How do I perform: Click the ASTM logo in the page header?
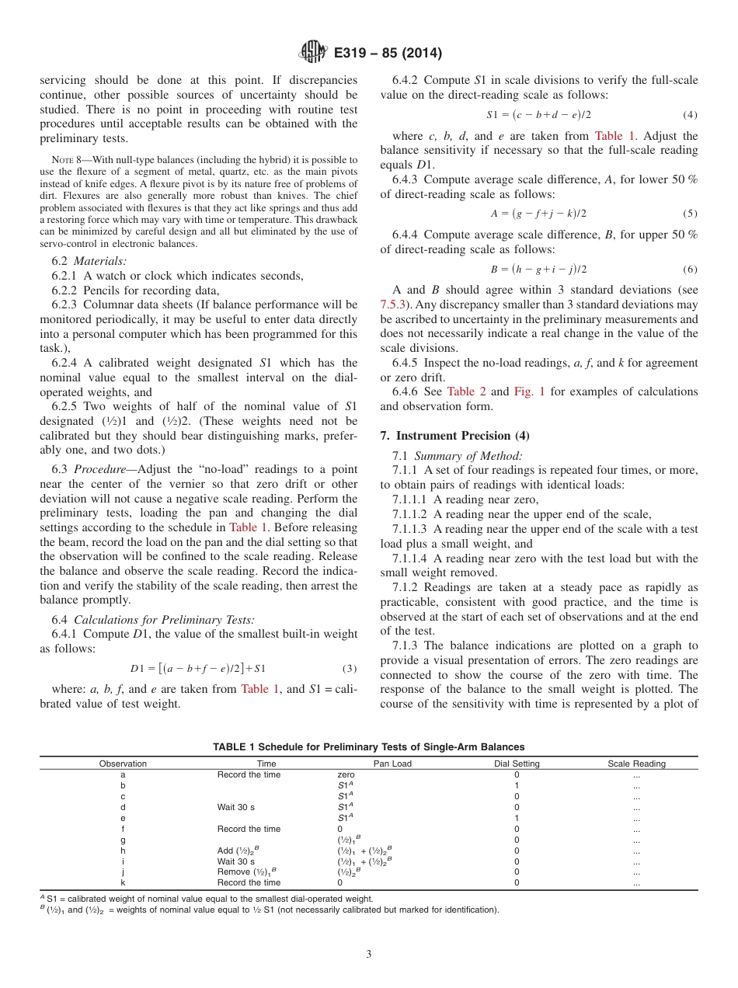click(x=313, y=53)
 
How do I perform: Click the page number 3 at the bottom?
click(x=368, y=955)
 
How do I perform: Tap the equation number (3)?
click(x=350, y=668)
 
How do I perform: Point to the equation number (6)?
click(x=690, y=269)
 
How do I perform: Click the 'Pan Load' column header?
click(x=392, y=764)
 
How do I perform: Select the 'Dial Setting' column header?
click(x=517, y=764)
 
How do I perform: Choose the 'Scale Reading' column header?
click(x=636, y=764)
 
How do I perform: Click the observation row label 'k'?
click(x=123, y=883)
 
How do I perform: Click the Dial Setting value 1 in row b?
click(x=517, y=785)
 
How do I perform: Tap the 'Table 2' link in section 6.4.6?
click(x=465, y=391)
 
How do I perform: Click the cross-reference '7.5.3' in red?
click(x=396, y=305)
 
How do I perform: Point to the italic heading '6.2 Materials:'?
click(x=89, y=261)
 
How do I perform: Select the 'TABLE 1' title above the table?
click(x=368, y=746)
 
